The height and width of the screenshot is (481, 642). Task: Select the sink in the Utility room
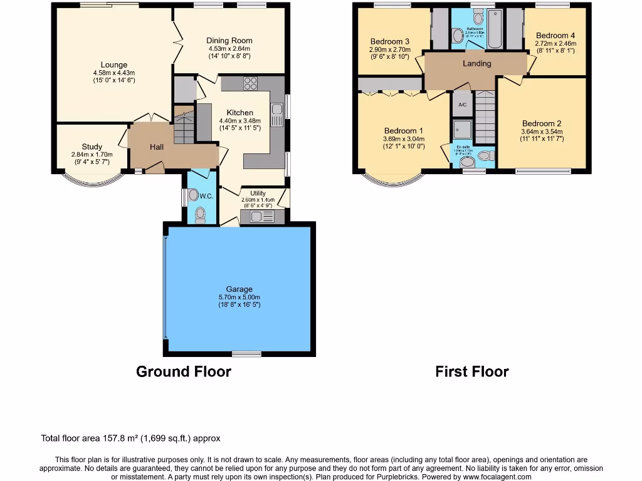[x=263, y=217]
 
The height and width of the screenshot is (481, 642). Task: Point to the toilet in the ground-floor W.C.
[x=200, y=215]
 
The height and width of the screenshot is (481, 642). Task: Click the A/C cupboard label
[x=463, y=105]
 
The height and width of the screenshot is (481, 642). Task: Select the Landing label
[x=477, y=63]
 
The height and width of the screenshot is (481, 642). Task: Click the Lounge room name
[x=114, y=65]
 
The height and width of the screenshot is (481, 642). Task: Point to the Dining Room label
[x=229, y=41]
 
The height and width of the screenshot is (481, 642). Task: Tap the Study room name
[x=92, y=147]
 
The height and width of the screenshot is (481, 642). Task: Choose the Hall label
[x=156, y=147]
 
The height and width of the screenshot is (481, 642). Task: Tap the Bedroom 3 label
[x=390, y=42]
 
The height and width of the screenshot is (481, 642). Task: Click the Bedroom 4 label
[x=555, y=36]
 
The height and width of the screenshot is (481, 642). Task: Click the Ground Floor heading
[x=184, y=371]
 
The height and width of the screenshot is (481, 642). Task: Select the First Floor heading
[x=471, y=371]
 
